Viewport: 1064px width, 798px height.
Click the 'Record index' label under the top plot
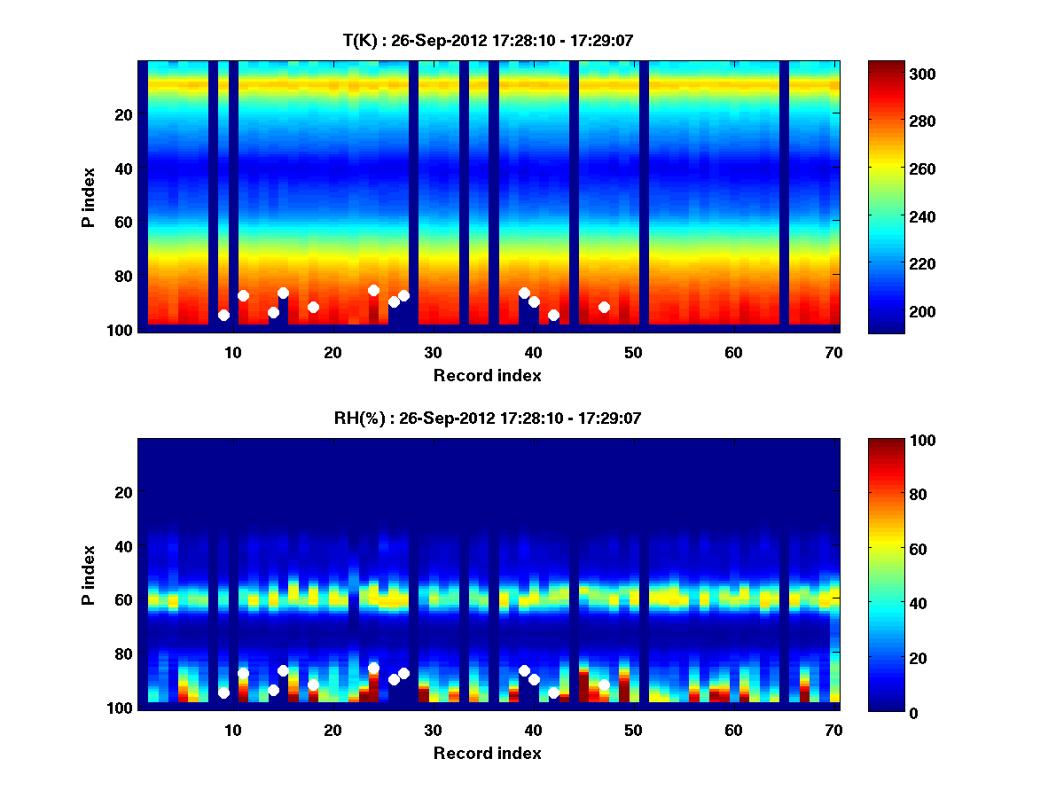pos(487,375)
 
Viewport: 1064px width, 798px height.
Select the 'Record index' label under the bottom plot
pos(487,753)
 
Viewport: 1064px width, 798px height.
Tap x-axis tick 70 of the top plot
pos(833,352)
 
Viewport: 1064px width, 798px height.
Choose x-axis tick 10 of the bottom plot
pos(232,730)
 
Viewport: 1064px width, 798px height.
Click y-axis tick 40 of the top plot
pos(122,168)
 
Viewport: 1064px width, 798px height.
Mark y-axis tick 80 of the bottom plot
pos(122,653)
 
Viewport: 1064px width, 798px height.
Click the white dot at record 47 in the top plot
pos(604,307)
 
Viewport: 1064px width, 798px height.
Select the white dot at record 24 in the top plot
pos(373,290)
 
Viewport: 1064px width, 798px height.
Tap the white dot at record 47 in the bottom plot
pos(604,685)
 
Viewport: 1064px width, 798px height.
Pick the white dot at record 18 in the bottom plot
pos(313,685)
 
